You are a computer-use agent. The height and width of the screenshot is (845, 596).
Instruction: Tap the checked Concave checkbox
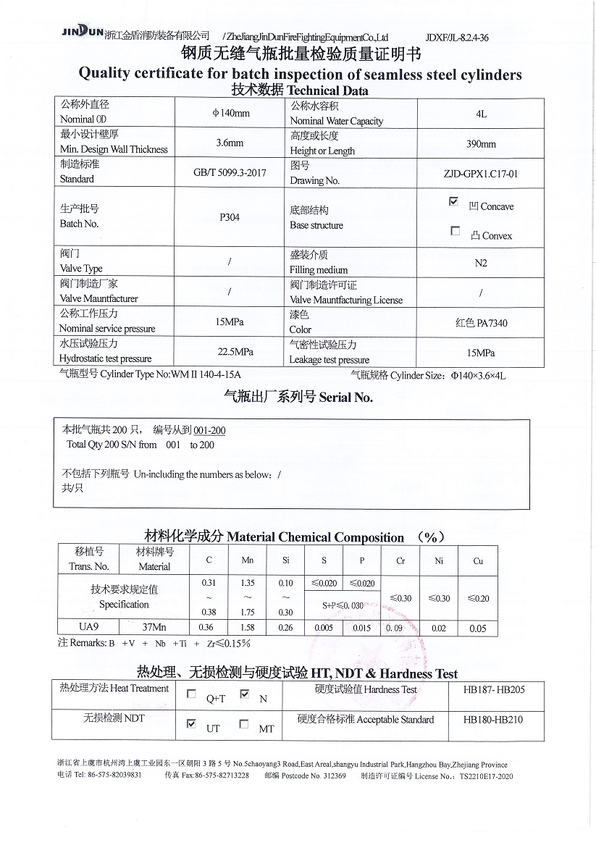(454, 202)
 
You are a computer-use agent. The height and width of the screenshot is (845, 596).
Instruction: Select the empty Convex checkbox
(455, 231)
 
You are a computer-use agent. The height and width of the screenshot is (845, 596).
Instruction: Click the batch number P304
(230, 217)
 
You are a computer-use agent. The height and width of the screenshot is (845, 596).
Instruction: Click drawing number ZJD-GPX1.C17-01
(481, 175)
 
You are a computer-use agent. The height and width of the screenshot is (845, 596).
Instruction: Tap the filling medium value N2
(481, 263)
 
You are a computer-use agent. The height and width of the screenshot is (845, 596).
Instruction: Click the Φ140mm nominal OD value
(230, 113)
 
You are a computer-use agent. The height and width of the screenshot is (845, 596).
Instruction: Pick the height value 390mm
(481, 144)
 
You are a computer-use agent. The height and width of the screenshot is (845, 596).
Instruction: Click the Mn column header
(248, 560)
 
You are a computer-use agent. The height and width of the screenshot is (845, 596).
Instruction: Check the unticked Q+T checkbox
(191, 694)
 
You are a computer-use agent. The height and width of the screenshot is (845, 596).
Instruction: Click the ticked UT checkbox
(191, 723)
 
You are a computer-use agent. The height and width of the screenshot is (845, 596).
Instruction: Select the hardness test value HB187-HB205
(494, 690)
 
